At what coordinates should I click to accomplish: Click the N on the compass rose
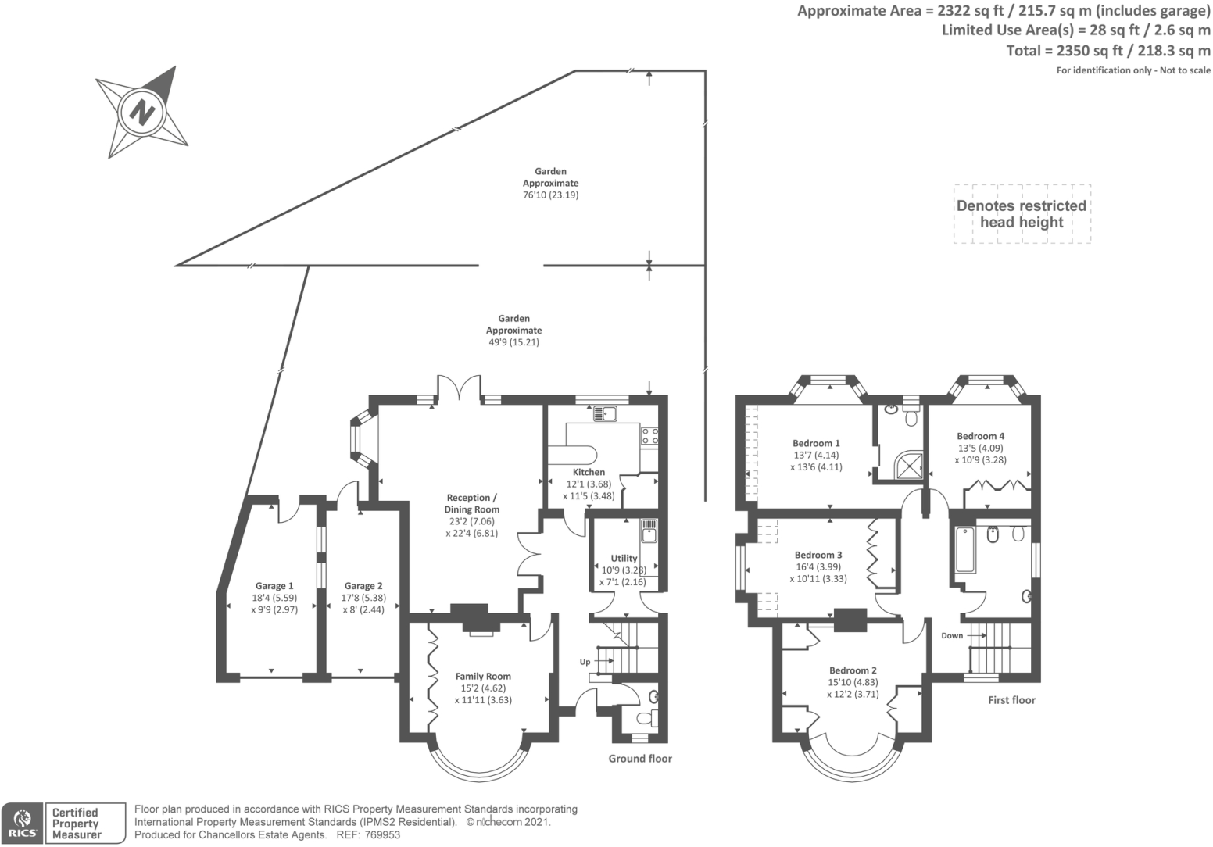(141, 111)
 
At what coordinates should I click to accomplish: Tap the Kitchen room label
(589, 473)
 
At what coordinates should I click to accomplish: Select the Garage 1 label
(274, 586)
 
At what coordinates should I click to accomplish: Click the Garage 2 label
(363, 586)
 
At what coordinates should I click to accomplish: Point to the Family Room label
(483, 677)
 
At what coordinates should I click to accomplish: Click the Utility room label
(624, 559)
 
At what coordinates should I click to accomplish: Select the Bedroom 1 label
(816, 443)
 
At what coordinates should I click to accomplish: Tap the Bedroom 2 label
(853, 670)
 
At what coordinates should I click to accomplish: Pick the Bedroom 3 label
(818, 556)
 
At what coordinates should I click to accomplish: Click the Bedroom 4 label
(980, 436)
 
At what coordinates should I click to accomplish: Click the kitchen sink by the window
(605, 413)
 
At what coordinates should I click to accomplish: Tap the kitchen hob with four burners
(649, 436)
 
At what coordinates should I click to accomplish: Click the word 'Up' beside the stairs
(585, 662)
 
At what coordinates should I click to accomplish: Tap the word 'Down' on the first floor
(952, 636)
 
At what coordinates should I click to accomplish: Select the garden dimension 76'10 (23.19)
(551, 195)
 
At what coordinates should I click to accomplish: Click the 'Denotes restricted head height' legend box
(1022, 214)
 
